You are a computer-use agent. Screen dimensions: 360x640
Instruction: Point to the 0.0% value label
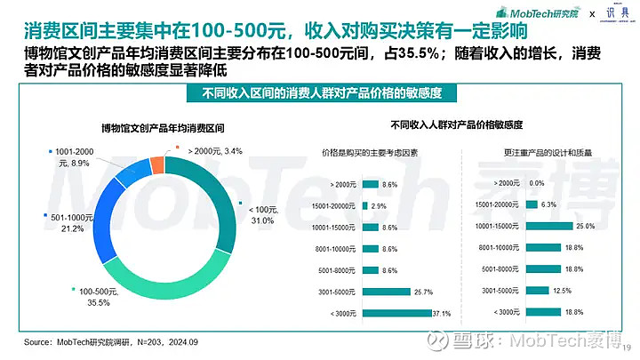[x=536, y=184]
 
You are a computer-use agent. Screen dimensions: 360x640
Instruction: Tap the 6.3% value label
[x=548, y=205]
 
